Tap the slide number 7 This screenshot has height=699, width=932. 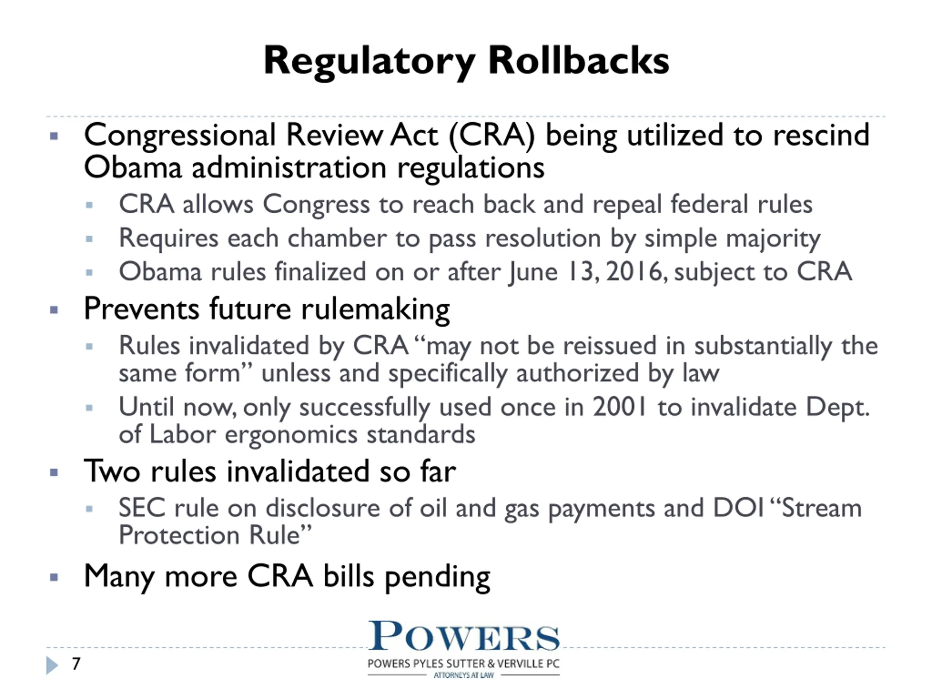point(76,664)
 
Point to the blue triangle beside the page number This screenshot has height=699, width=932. point(52,665)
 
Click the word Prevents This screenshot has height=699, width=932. point(141,309)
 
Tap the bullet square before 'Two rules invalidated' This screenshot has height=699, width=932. point(54,472)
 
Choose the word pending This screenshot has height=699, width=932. point(437,578)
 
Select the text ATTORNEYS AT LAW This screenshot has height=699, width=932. point(463,675)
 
